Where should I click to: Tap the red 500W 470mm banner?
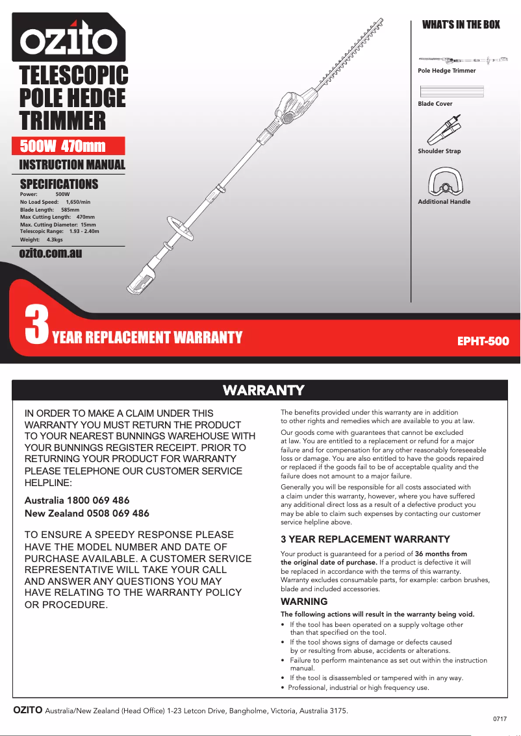(68, 146)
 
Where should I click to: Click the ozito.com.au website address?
(51, 253)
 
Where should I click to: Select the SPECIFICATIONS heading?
(59, 184)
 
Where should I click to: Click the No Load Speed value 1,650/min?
(78, 202)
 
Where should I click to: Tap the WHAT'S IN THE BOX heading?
(461, 25)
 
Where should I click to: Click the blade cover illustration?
(451, 92)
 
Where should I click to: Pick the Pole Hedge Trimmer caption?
(446, 71)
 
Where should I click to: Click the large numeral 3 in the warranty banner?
(36, 325)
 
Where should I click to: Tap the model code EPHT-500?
(483, 340)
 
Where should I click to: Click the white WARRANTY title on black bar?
(263, 390)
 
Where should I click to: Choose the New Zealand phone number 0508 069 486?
(118, 513)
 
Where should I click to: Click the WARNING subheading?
(303, 602)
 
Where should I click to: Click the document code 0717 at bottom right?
(500, 720)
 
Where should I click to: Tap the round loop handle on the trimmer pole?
(177, 227)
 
